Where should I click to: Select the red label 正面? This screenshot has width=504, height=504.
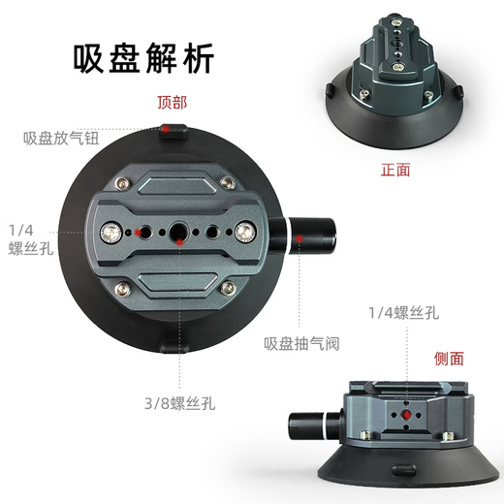pos(396,170)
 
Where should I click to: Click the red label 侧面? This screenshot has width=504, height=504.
pos(449,359)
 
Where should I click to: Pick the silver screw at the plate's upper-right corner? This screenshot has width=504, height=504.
pos(227,184)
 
